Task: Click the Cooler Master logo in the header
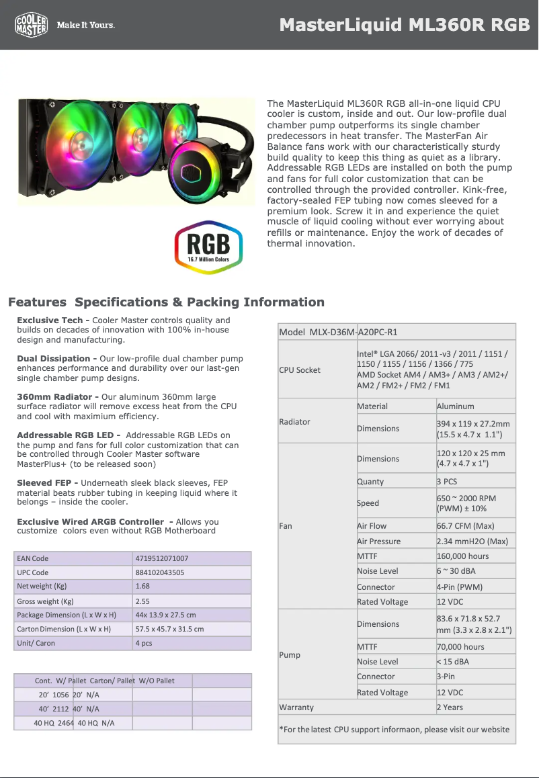point(32,25)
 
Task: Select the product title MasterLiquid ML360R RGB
point(405,26)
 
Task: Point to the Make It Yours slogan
point(85,26)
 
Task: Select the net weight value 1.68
point(142,586)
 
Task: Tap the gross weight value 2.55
point(142,601)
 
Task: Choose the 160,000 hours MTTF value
point(463,556)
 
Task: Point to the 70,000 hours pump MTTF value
point(460,647)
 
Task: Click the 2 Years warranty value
point(450,707)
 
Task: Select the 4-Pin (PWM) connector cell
point(460,587)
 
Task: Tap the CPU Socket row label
point(300,370)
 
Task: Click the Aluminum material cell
point(455,406)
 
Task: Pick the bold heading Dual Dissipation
point(56,359)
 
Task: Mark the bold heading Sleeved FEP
point(48,483)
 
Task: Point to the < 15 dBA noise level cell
point(454,662)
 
